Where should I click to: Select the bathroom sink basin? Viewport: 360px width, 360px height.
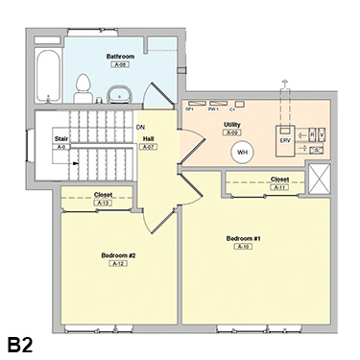coord(119,94)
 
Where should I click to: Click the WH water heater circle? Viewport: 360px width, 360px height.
coord(243,151)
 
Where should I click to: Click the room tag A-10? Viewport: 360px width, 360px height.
coord(244,247)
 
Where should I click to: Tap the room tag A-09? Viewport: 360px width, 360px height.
coord(232,132)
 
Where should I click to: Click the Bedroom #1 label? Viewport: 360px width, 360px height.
coord(244,237)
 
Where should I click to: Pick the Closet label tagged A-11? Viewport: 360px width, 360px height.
coord(279,179)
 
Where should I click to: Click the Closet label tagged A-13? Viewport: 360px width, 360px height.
coord(104,195)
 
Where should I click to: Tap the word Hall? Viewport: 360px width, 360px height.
coord(150,139)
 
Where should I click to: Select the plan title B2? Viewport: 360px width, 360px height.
coord(22,343)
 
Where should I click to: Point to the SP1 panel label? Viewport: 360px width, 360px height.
coord(190,110)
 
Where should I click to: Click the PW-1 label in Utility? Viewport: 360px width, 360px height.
coord(211,110)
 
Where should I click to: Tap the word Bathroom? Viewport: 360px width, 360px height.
coord(120,58)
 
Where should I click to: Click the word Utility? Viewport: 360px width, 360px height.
coord(232,124)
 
